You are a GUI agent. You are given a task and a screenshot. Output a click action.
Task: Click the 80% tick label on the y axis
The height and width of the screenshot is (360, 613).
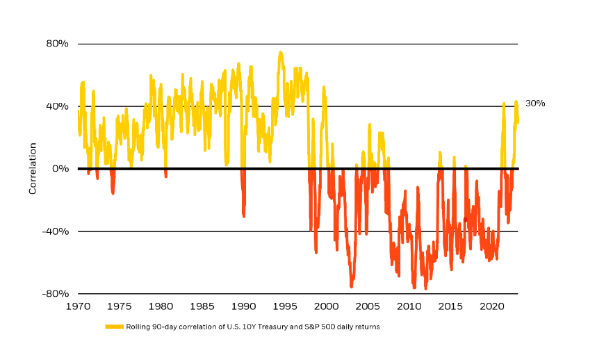pos(58,44)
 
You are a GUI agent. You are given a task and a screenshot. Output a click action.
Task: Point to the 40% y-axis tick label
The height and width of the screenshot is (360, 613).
pos(58,106)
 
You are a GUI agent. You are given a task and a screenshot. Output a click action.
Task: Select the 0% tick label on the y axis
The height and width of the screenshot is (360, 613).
pos(61,169)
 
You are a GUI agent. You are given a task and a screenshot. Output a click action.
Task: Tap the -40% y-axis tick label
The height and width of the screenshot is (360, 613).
pos(57,231)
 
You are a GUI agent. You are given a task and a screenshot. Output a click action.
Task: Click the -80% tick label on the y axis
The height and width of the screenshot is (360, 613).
pos(57,294)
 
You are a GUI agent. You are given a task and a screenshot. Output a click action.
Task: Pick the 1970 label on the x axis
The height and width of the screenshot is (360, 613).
pos(78,306)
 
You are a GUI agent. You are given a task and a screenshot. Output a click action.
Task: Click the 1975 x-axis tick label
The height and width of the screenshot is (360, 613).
pos(119,306)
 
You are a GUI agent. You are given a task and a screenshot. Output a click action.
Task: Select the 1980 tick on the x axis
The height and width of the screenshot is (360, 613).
pos(161,306)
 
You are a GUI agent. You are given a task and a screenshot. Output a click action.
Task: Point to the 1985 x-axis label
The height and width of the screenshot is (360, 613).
pos(202,306)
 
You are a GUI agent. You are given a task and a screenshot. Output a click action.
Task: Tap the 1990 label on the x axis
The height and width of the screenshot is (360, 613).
pos(243,306)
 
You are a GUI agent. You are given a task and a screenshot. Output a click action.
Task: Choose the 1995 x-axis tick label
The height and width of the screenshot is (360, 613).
pos(285,306)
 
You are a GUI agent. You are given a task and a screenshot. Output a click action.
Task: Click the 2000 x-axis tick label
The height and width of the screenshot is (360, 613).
pos(326,306)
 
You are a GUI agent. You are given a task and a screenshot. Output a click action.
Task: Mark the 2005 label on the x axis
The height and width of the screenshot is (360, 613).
pos(368,306)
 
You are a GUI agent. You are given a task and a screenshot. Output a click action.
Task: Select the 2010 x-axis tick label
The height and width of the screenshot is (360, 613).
pos(409,306)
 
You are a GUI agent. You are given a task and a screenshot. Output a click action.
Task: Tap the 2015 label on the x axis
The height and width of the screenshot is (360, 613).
pos(450,306)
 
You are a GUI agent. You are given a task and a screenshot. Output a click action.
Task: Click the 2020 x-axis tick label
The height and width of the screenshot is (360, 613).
pos(492,306)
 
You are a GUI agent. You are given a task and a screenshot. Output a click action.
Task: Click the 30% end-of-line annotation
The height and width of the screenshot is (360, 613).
pos(535,104)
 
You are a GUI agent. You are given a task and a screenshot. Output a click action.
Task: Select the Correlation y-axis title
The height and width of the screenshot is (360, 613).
pos(33,169)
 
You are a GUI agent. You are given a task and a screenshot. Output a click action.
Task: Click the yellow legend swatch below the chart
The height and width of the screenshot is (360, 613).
pos(115,327)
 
